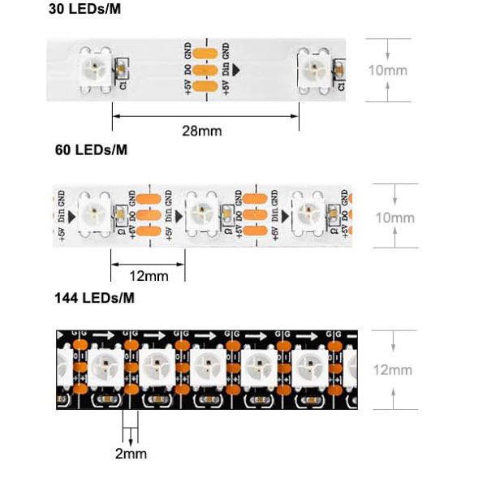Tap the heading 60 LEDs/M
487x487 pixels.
tap(89, 149)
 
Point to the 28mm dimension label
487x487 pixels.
tap(202, 130)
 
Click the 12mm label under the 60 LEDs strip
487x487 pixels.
tap(149, 277)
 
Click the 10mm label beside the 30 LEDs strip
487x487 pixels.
tap(387, 70)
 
